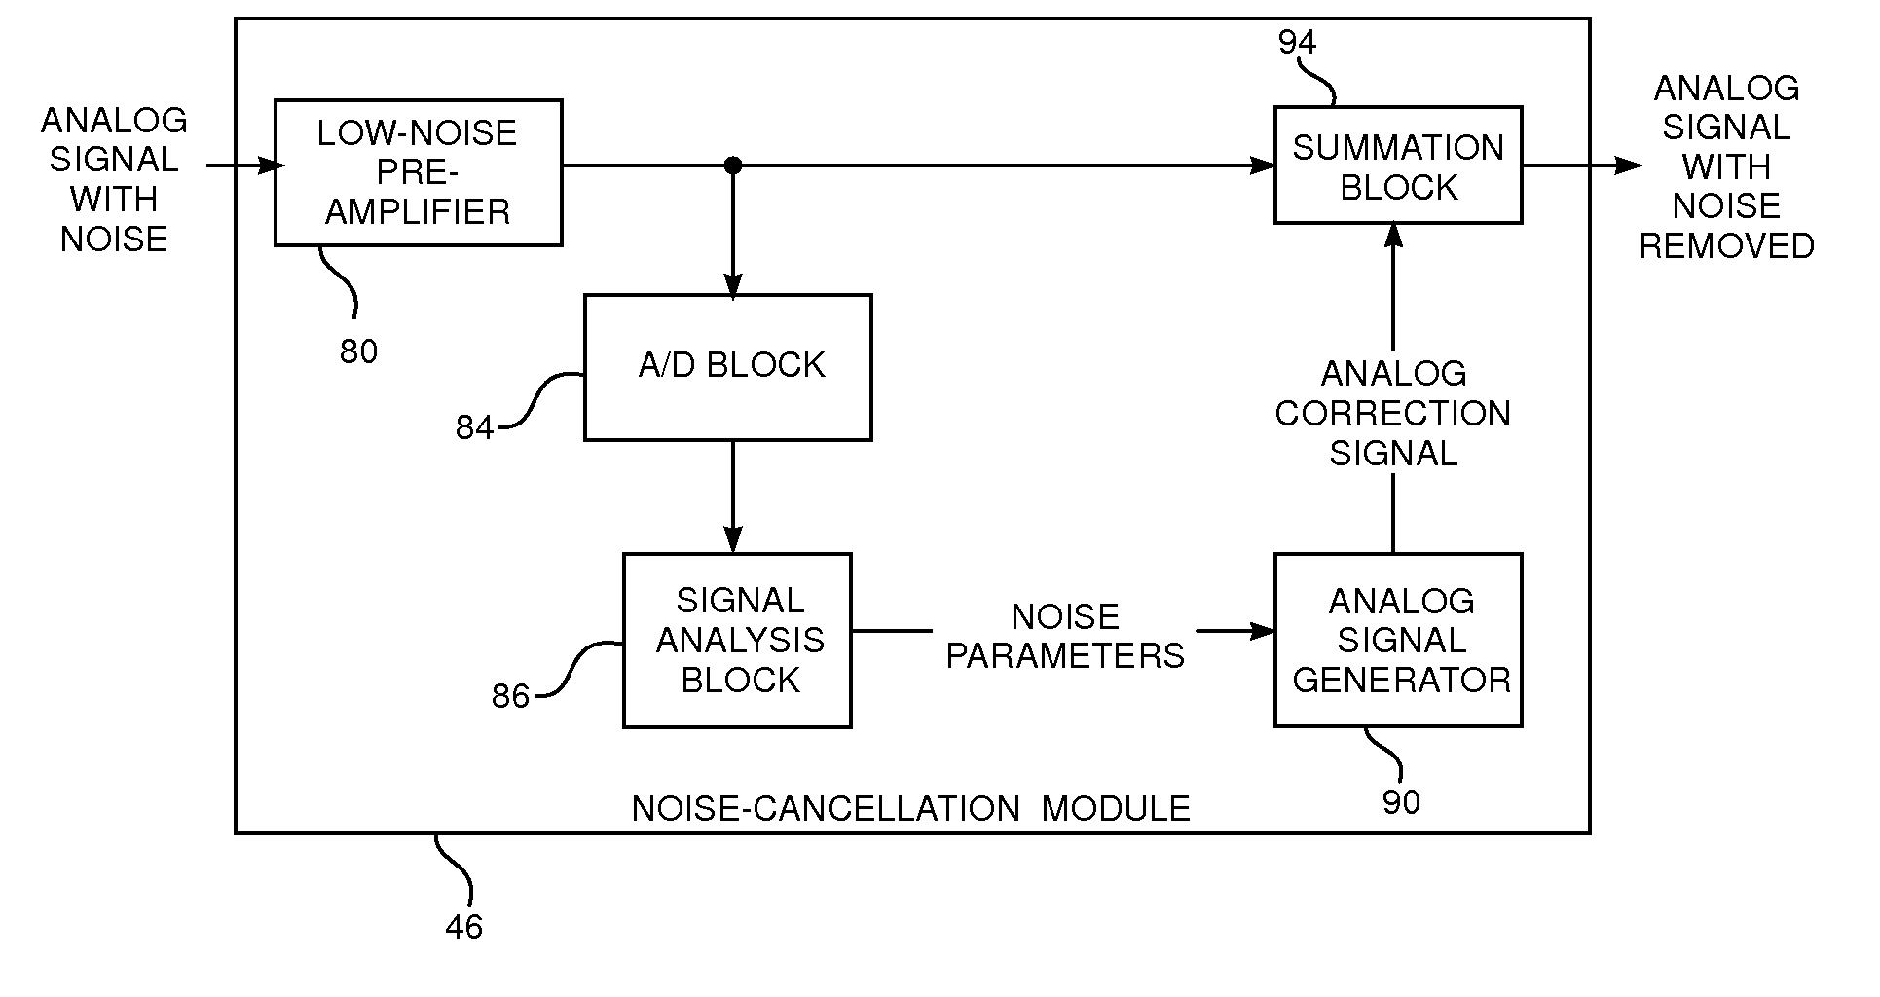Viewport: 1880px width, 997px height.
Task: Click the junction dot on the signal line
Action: pyautogui.click(x=732, y=166)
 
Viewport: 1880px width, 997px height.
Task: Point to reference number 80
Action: pyautogui.click(x=358, y=351)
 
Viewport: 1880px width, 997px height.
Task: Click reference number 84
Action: pyautogui.click(x=474, y=428)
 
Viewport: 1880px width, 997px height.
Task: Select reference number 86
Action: pyautogui.click(x=510, y=696)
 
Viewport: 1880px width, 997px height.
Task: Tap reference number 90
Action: pyautogui.click(x=1401, y=802)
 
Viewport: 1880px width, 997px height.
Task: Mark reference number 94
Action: pyautogui.click(x=1297, y=43)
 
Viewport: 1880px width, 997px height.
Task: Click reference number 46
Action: pyautogui.click(x=463, y=927)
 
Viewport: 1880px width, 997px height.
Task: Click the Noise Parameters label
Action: pyautogui.click(x=1065, y=636)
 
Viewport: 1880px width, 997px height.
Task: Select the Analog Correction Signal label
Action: pyautogui.click(x=1393, y=413)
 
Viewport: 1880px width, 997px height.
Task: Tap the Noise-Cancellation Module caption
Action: pyautogui.click(x=910, y=808)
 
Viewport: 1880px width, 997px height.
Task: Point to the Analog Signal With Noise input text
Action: pyautogui.click(x=114, y=180)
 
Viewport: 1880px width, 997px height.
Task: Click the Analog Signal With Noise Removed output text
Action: pyautogui.click(x=1726, y=166)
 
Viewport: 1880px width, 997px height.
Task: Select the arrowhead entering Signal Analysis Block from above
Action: pyautogui.click(x=732, y=541)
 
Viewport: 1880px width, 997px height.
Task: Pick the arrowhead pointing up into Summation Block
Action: pyautogui.click(x=1393, y=237)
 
